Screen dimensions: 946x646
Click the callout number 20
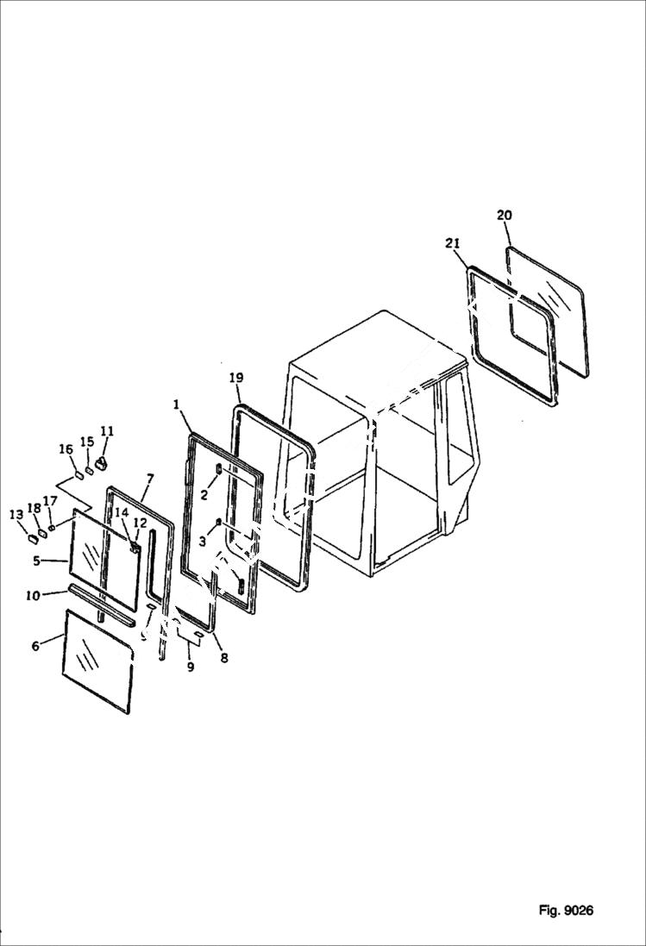505,215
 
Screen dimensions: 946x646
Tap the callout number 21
452,244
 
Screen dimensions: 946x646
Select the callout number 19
235,378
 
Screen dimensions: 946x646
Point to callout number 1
176,404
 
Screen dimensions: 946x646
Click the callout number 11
107,431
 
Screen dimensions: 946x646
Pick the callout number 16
66,448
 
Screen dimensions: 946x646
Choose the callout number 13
16,515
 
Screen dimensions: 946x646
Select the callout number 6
35,646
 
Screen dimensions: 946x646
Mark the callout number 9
191,667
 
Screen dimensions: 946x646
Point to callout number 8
224,658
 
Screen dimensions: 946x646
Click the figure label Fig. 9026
566,910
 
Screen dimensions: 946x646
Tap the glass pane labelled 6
97,661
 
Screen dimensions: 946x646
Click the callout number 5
37,560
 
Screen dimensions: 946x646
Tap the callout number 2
204,494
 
